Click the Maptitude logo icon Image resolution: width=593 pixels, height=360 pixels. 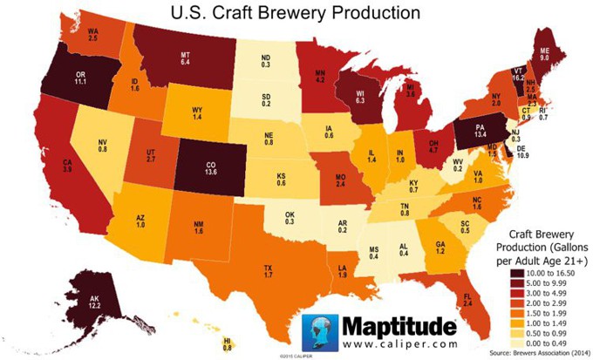coord(318,332)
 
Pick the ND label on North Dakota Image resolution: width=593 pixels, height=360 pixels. coord(266,58)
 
